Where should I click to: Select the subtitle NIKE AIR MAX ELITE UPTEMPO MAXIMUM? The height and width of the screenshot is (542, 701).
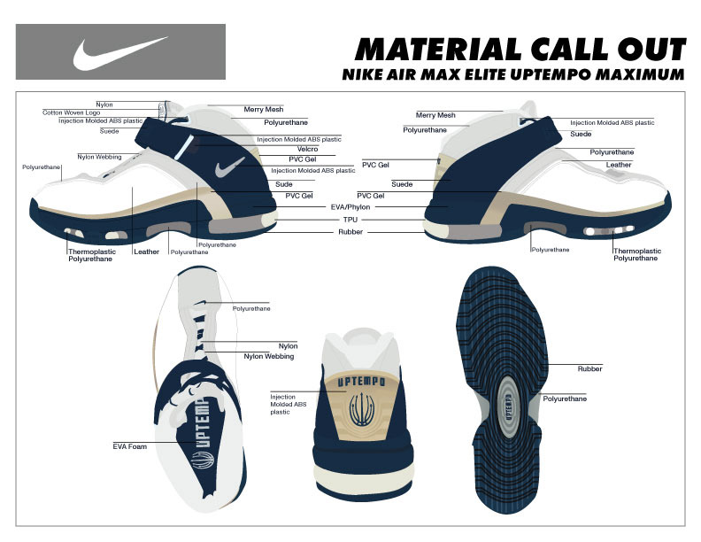(x=513, y=74)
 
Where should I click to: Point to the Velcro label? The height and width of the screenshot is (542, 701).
(x=307, y=149)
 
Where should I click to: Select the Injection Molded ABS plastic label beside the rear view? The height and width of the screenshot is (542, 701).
(x=283, y=404)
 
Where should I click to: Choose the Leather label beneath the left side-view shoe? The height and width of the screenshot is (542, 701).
(x=146, y=252)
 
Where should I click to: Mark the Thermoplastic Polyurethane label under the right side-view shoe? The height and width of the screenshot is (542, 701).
(x=636, y=255)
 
